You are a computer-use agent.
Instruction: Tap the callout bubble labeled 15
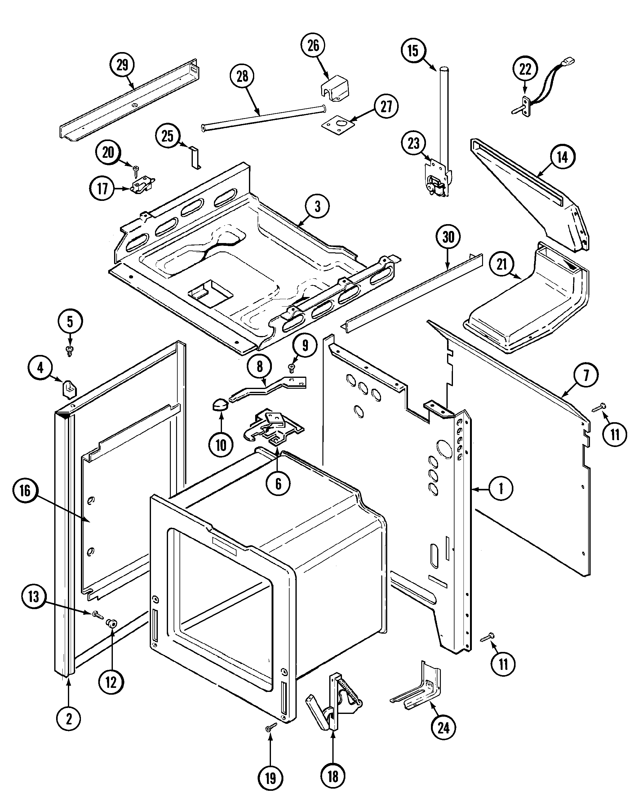[x=413, y=51]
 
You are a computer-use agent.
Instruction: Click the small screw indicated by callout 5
[x=69, y=350]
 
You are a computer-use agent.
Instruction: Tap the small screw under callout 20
[x=136, y=171]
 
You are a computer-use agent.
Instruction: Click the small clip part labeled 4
[x=69, y=388]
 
